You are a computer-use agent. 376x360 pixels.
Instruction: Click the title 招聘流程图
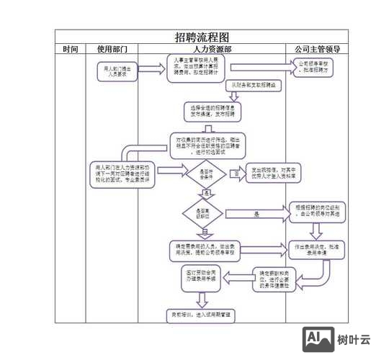(202, 37)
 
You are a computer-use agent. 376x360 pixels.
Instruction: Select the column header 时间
(71, 49)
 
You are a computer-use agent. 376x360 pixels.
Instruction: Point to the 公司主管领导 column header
(317, 49)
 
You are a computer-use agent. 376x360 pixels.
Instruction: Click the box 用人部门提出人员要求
(112, 71)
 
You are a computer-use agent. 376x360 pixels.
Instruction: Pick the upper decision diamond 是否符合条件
(205, 174)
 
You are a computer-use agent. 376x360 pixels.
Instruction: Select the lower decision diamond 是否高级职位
(204, 212)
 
